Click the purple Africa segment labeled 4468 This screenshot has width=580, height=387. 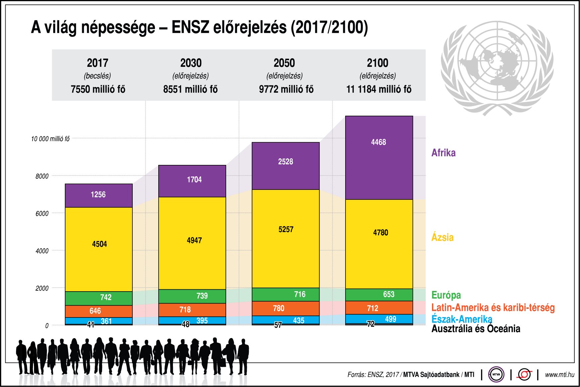379,158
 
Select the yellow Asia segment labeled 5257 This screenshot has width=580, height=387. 285,238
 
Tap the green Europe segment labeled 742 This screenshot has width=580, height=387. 98,298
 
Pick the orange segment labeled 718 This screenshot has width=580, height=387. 192,310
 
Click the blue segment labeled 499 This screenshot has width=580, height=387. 379,319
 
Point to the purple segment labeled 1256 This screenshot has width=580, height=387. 98,195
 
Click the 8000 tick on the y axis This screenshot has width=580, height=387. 42,176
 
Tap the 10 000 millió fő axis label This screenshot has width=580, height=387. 50,139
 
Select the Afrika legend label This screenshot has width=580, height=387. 443,153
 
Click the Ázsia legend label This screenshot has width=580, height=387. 442,237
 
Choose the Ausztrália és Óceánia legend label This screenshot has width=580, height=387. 476,329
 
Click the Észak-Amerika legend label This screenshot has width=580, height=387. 462,319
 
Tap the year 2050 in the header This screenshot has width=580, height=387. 284,63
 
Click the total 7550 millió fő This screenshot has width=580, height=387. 98,89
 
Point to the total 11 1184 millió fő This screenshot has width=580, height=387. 378,89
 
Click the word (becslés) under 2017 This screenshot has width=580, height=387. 97,76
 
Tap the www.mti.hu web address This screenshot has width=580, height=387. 559,375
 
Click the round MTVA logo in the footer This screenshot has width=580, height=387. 496,374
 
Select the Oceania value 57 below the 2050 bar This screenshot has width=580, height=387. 278,325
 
